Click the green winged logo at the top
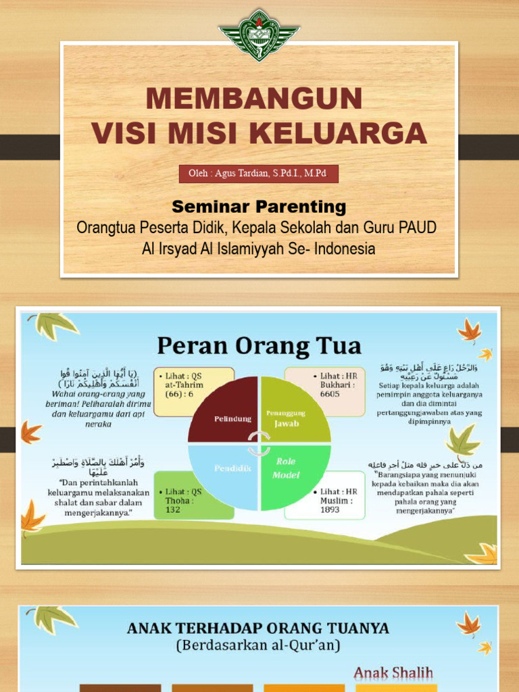click(259, 34)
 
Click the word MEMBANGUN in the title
click(255, 99)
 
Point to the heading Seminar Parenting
click(259, 206)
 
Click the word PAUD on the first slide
click(418, 227)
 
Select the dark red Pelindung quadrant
click(222, 410)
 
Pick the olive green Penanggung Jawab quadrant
click(295, 410)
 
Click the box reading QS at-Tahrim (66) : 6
click(194, 392)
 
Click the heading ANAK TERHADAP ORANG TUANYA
click(258, 628)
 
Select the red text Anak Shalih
click(393, 673)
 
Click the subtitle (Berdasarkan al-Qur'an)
click(258, 645)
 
